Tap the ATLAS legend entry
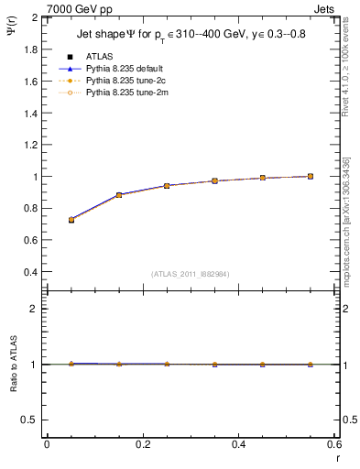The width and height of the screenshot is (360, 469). [100, 56]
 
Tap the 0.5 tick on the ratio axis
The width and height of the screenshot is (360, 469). [31, 420]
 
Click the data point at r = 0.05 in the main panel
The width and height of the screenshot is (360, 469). [71, 220]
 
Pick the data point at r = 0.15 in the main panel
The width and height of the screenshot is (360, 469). [119, 195]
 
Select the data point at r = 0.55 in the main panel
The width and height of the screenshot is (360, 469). [311, 176]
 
